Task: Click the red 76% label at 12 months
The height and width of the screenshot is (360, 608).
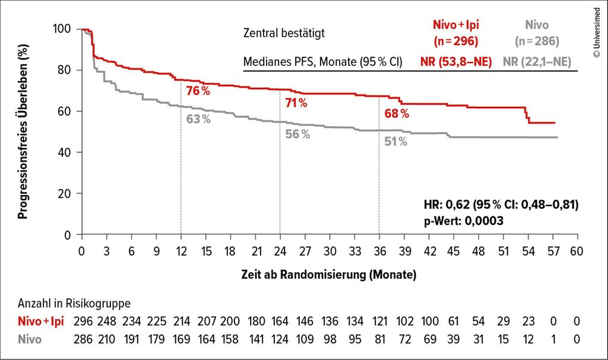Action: click(x=198, y=91)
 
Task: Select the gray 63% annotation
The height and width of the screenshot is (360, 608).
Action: click(x=198, y=119)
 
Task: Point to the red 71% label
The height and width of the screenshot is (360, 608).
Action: click(x=296, y=103)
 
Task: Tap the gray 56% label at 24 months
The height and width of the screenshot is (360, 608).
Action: click(x=297, y=134)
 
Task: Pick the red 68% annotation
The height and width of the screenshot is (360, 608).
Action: click(x=397, y=113)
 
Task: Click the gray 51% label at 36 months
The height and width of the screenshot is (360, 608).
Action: click(x=395, y=141)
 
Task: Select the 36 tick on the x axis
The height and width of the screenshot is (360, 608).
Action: click(x=379, y=251)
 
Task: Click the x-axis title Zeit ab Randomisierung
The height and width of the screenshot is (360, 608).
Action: click(x=328, y=275)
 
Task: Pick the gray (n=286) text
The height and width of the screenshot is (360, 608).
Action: click(x=537, y=42)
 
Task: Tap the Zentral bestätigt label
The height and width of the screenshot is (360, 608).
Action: click(x=284, y=34)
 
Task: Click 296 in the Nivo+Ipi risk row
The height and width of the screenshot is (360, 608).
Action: click(x=84, y=321)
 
